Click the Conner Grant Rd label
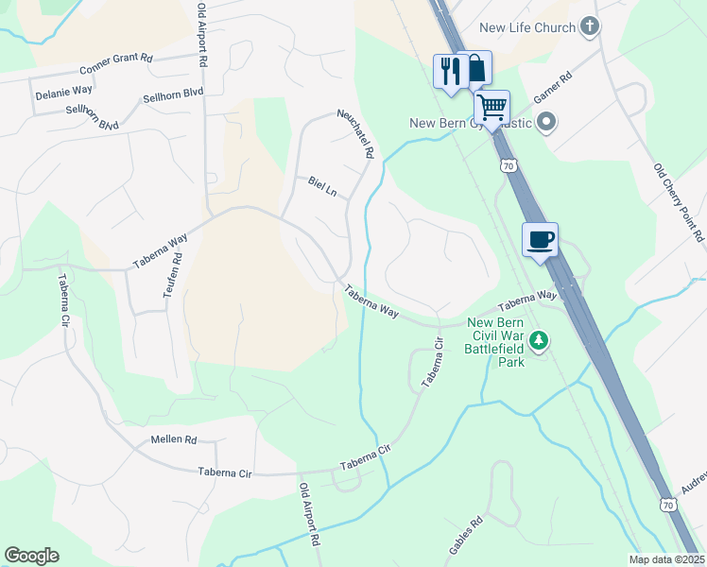point(116,64)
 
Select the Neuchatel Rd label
point(357,133)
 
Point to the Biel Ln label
point(322,185)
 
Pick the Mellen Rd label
point(173,439)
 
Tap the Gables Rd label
point(465,536)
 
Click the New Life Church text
point(527,27)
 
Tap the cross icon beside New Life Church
point(591,26)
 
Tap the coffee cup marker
point(541,239)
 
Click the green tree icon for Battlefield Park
point(539,339)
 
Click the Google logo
point(31,556)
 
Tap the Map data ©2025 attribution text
point(666,559)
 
